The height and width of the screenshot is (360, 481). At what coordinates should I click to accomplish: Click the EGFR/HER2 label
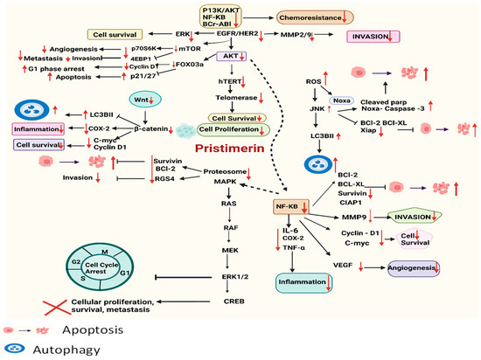(230, 35)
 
